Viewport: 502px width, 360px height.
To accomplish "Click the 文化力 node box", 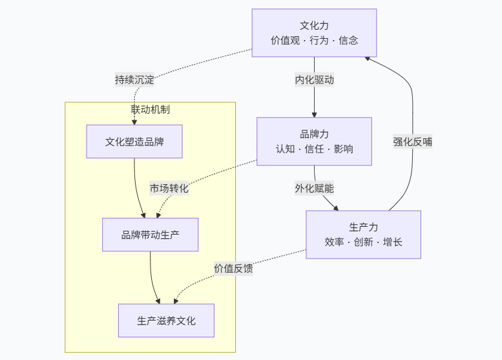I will coord(314,33).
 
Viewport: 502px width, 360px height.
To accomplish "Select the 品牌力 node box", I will coord(314,142).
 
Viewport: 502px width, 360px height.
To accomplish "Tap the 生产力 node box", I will coord(363,235).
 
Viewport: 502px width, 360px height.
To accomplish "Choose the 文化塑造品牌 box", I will coord(134,142).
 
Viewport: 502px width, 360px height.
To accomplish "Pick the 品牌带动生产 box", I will coord(150,235).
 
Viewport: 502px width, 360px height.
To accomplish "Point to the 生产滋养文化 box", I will coord(166,321).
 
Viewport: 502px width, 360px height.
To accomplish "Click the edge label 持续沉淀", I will coord(134,80).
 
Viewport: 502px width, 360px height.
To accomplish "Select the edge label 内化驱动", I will coord(314,80).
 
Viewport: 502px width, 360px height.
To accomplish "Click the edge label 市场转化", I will coord(169,188).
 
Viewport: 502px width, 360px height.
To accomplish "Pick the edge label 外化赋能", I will coord(314,188).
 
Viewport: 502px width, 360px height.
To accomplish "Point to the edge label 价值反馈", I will coord(233,268).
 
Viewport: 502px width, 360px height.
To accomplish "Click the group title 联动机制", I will coord(151,109).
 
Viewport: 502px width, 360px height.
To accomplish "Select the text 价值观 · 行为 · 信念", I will coord(314,40).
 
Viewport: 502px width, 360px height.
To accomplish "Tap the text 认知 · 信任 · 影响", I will coord(314,149).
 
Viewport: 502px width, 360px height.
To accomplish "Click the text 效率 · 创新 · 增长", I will coord(363,242).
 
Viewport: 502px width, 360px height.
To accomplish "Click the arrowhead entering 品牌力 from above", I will coord(314,114).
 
